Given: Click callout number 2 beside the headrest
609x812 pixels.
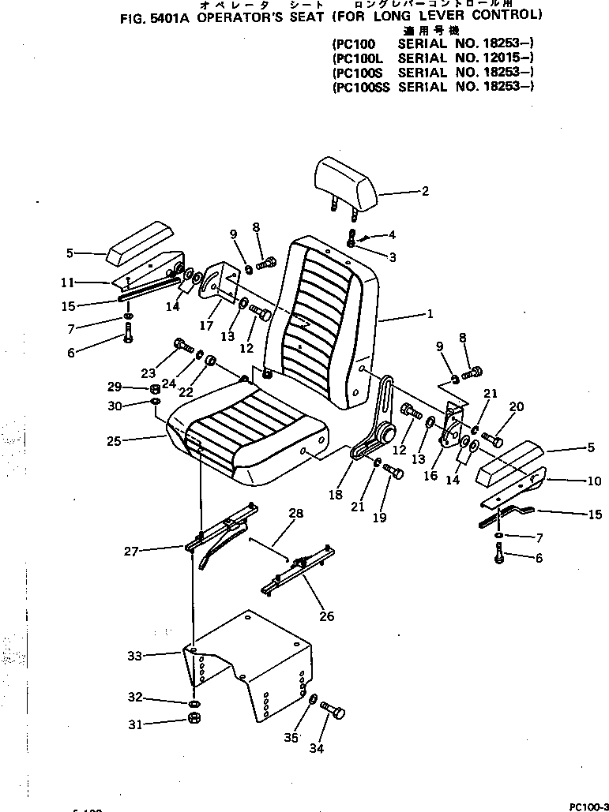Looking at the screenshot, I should point(424,190).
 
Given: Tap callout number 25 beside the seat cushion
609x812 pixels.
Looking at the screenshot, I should point(114,440).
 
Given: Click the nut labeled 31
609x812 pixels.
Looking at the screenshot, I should point(194,720).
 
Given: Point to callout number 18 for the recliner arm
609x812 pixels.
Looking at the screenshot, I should point(336,494).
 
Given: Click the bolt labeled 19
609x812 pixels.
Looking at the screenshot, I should point(393,473).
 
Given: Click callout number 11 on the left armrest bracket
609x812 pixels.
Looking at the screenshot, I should point(69,282).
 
